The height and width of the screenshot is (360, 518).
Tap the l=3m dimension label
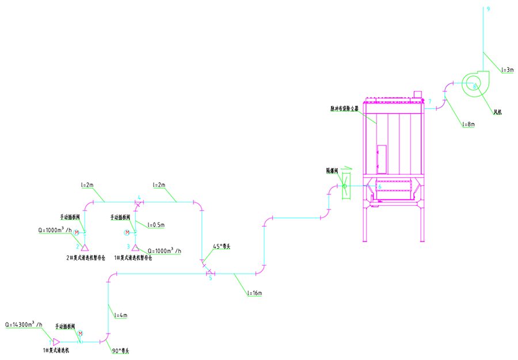click(506, 70)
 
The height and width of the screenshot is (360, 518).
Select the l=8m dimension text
click(468, 123)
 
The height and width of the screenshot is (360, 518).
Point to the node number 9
click(488, 9)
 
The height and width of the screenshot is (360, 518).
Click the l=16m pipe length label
click(254, 293)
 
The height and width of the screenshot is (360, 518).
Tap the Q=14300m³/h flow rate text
click(24, 324)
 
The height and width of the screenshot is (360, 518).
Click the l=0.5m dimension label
click(155, 224)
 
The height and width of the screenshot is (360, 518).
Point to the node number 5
click(210, 278)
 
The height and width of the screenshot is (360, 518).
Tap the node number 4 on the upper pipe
click(139, 197)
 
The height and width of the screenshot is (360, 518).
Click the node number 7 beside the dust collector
click(429, 102)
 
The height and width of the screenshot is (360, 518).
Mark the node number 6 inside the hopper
click(379, 186)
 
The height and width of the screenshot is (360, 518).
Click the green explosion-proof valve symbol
click(345, 185)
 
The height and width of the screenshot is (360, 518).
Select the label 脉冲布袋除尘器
click(344, 108)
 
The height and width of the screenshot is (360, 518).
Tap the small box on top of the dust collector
click(417, 93)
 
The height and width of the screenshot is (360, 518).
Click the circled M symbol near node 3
click(127, 232)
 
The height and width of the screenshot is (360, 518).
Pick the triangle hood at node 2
click(84, 247)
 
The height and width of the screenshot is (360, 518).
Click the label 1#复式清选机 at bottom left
click(55, 350)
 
